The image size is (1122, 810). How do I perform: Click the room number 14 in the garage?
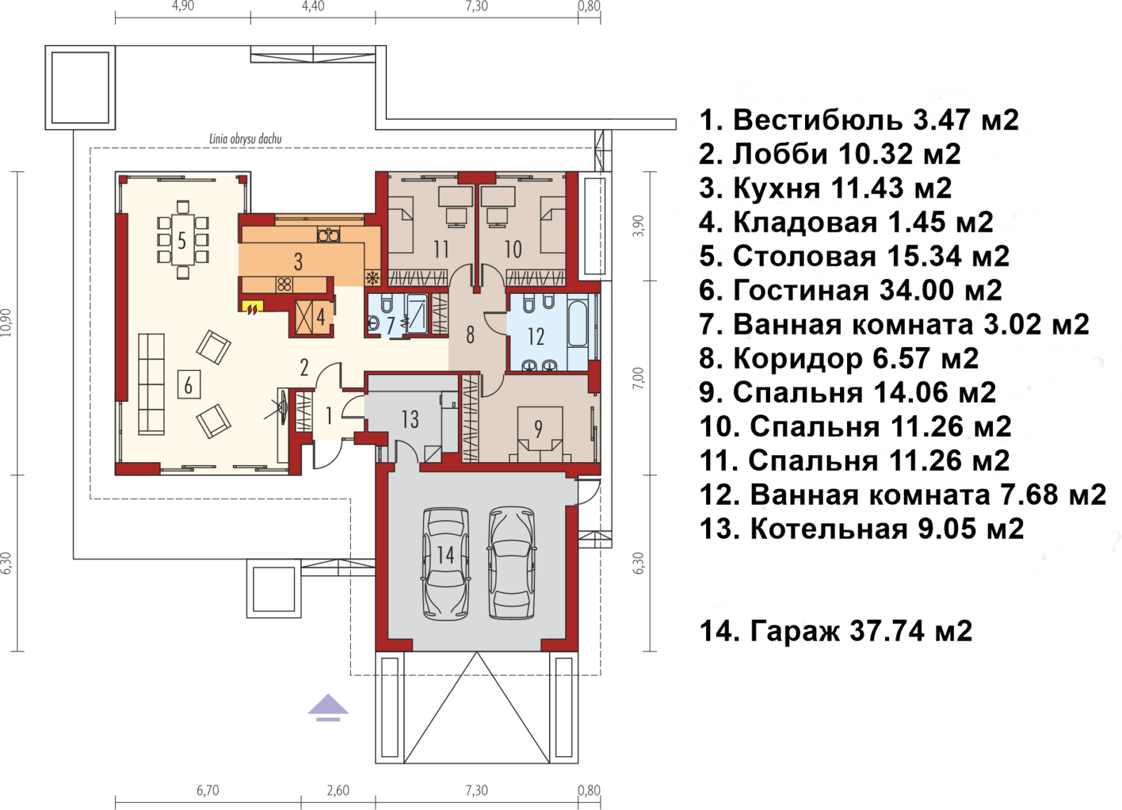445,555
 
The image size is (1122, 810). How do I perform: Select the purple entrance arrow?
328,708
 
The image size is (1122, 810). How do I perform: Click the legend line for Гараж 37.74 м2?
835,630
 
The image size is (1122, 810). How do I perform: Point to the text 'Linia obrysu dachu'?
245,139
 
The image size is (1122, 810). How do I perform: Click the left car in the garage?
446,564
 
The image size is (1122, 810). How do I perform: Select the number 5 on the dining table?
182,241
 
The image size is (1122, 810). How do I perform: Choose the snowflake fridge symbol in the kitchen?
372,277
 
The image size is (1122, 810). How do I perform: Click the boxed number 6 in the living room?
189,385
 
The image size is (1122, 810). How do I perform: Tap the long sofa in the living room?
151,384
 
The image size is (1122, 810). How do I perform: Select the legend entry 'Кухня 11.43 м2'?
825,189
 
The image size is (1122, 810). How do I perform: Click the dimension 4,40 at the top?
313,6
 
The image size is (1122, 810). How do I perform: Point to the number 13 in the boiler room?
410,419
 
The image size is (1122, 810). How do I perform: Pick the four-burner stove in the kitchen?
284,285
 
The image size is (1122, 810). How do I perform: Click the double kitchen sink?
329,234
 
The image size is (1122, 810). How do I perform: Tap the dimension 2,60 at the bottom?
338,790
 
